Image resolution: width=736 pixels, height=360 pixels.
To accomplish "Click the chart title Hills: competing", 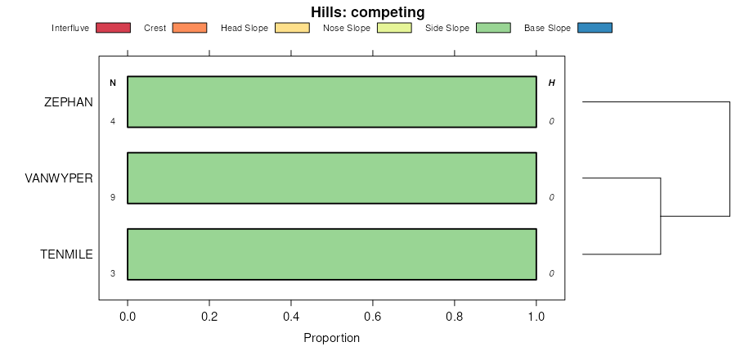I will point(367,12).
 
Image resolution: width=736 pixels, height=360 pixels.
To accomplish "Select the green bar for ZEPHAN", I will point(331,102).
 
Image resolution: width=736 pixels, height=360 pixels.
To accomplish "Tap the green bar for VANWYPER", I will point(331,178).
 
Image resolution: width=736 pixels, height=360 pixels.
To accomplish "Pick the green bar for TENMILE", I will point(331,254).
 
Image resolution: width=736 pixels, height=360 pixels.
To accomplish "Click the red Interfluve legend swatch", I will point(113,28).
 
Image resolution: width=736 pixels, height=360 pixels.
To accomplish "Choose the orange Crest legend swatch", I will point(189,28).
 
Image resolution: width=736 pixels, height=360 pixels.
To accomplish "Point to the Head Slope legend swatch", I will point(292,28).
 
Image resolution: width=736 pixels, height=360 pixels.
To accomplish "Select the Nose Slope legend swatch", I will point(393,28).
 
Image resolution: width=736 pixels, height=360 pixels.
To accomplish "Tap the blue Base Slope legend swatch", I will point(595,28).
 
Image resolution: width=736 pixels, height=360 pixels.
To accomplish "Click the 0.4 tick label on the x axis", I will point(291,317).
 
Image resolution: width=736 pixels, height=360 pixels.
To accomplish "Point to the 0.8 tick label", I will point(455,317).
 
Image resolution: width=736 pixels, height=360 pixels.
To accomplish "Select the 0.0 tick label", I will point(128,317).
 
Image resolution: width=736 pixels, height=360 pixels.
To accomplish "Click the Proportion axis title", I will point(331,338).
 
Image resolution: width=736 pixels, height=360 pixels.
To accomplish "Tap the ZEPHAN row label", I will point(69,102).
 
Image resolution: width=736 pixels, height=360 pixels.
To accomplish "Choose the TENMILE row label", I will point(66,254).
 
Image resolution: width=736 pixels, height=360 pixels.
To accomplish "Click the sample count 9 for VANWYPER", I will point(113,197).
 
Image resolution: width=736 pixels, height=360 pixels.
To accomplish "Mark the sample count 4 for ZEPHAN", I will point(113,122).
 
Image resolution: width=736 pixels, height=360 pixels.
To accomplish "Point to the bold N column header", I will point(113,83).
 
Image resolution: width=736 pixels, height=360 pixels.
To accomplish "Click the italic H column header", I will point(551,83).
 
